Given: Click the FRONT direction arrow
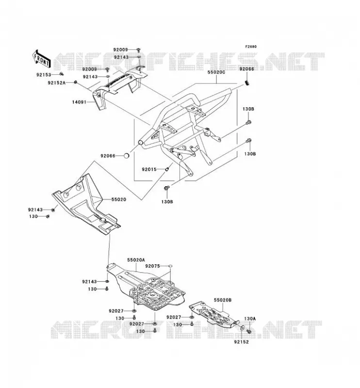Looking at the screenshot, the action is click(42, 58).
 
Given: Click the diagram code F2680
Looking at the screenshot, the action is click(251, 47).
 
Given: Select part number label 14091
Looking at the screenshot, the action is click(79, 102).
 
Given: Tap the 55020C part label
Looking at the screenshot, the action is click(216, 72).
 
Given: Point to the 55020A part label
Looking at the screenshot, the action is click(136, 260).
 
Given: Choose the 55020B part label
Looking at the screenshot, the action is click(223, 300).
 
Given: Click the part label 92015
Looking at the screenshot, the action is click(149, 169).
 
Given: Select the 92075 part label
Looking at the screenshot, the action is click(152, 266).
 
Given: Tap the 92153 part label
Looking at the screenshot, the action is click(44, 75).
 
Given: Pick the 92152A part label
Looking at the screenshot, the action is click(57, 83).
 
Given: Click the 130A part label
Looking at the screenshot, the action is click(249, 319).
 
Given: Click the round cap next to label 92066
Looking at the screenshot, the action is click(126, 156).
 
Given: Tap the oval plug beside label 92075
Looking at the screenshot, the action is click(170, 266).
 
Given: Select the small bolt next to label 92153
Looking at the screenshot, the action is click(62, 74).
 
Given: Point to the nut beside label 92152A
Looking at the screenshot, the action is click(76, 82).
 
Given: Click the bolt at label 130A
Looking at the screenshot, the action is click(249, 331).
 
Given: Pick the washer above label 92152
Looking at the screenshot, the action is click(242, 328).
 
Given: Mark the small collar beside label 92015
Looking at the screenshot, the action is click(167, 169).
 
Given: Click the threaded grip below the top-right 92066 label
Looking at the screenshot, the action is click(246, 82).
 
